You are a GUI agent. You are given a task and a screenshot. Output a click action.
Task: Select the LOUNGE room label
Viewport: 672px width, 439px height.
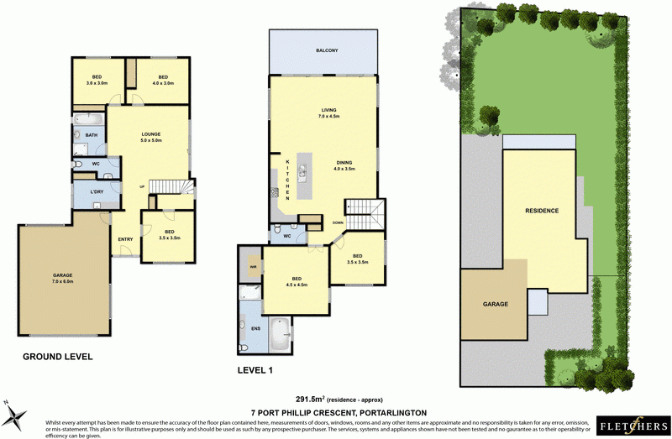(x=151, y=138)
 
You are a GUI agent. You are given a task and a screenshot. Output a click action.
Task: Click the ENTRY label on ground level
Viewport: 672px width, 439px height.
(x=126, y=240)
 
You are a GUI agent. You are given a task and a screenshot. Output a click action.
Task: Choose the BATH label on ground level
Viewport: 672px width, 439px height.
(x=92, y=135)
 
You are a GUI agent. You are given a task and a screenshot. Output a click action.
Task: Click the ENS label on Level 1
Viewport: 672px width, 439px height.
(x=255, y=328)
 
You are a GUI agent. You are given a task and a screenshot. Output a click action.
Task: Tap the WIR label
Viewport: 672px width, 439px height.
(x=251, y=268)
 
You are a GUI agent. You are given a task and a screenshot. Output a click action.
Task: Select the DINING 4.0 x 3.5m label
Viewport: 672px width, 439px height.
(x=344, y=165)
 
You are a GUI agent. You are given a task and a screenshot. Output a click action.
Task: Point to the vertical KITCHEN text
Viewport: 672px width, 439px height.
(x=287, y=180)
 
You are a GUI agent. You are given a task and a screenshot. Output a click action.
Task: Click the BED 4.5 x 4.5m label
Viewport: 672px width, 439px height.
(x=297, y=281)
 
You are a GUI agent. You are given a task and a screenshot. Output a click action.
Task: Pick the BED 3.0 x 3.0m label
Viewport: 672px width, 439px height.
(x=98, y=80)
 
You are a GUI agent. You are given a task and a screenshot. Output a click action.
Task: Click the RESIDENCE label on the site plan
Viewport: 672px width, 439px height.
(x=542, y=211)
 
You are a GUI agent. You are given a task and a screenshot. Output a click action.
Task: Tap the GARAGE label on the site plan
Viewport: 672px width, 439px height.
(x=495, y=304)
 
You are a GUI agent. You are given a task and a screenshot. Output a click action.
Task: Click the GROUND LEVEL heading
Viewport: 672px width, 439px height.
(x=57, y=357)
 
